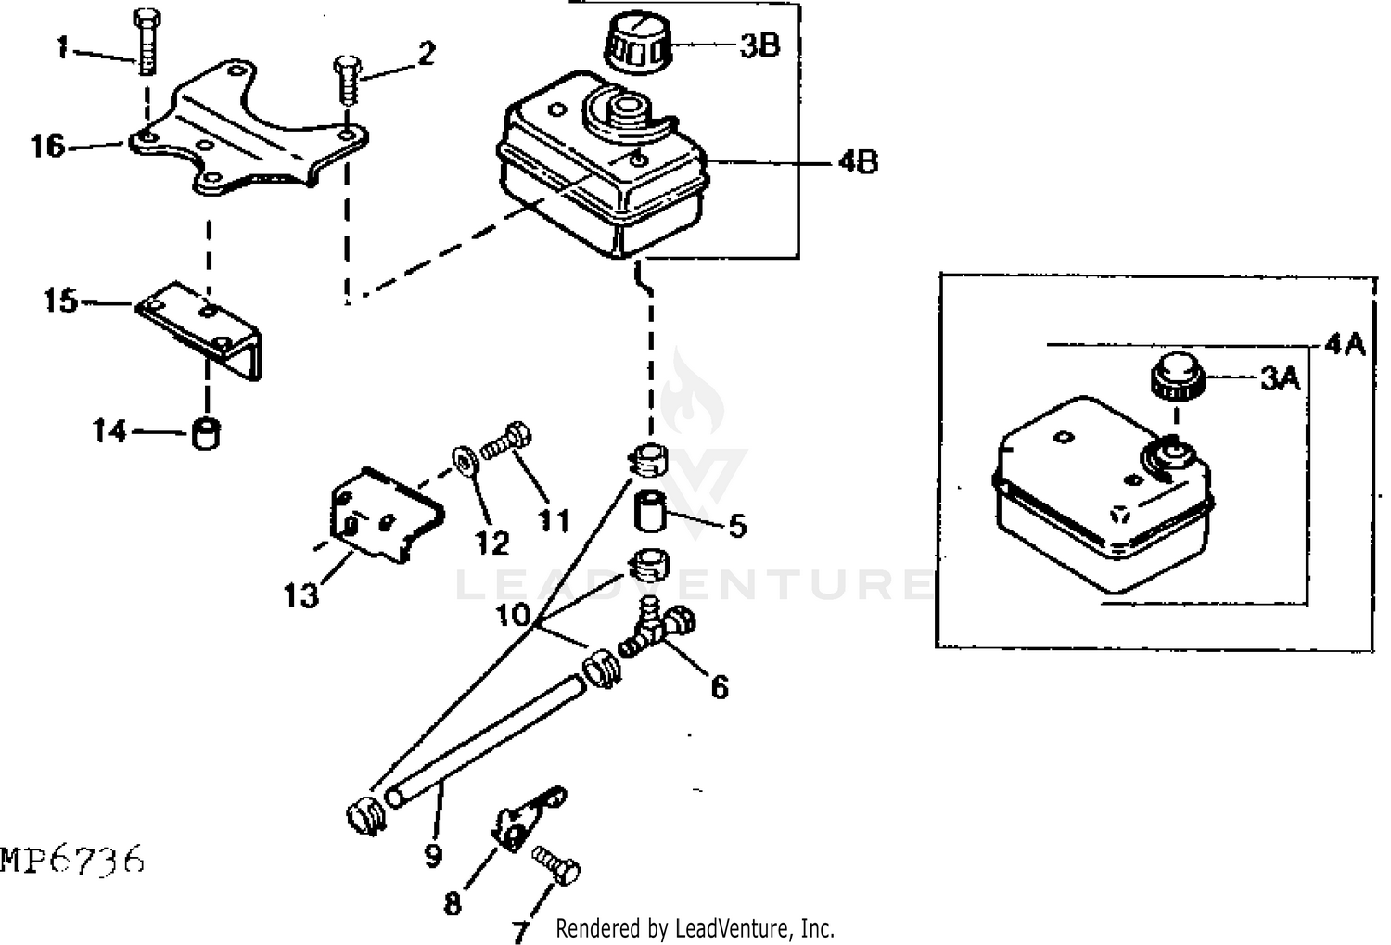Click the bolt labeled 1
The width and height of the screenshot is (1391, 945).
[x=147, y=41]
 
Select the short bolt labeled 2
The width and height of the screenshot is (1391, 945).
[x=348, y=79]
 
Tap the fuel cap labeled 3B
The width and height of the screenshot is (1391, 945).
[x=639, y=45]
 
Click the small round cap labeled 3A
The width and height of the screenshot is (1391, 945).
[x=1178, y=377]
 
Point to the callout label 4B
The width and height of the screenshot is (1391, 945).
[x=858, y=162]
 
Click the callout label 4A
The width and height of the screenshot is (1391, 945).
[x=1345, y=344]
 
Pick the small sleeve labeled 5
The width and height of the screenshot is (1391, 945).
[x=649, y=510]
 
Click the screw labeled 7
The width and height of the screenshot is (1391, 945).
[x=556, y=865]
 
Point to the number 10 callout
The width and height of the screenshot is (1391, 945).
[x=513, y=615]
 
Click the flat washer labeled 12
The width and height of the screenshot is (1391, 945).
[x=466, y=462]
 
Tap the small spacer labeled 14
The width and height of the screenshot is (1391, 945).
[x=206, y=434]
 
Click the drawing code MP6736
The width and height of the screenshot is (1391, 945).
[x=72, y=860]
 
